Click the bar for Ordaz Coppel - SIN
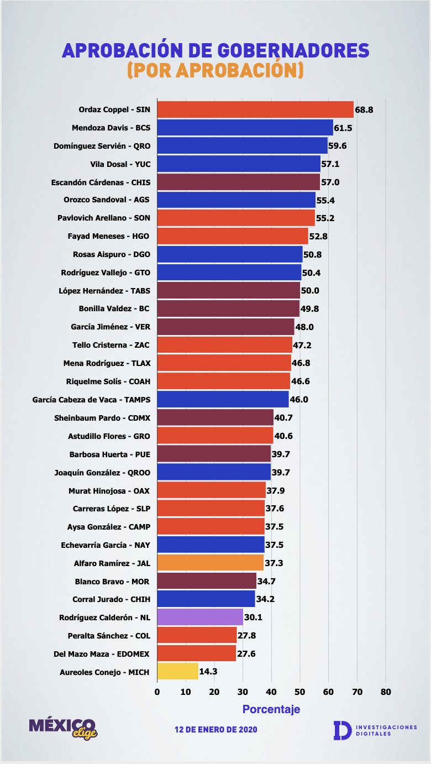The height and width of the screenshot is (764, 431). (255, 110)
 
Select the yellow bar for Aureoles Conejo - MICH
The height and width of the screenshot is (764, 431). (177, 672)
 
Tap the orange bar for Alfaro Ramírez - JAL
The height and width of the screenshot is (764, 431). (210, 563)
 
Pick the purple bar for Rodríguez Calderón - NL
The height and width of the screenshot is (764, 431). (199, 617)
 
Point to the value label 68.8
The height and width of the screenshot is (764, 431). (364, 110)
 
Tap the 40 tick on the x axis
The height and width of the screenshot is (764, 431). (271, 692)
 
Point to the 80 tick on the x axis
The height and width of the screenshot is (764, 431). (386, 692)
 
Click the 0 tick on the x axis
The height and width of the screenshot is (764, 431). (157, 692)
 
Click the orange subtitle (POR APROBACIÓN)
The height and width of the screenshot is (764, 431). (215, 70)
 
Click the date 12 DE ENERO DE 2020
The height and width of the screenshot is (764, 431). (215, 730)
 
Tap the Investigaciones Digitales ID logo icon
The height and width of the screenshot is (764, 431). (341, 730)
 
